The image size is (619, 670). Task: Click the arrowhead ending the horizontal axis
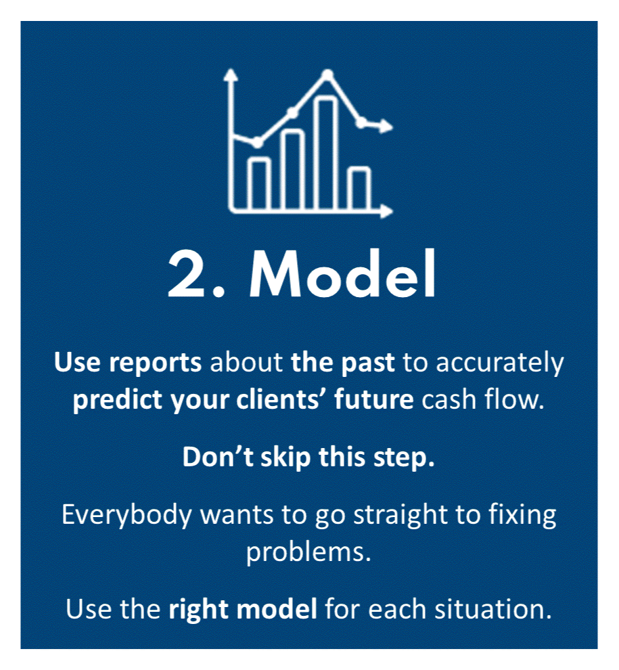(x=386, y=211)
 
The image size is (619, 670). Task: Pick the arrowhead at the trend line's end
(x=386, y=127)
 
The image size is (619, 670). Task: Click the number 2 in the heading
(x=186, y=274)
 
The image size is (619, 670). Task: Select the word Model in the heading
(x=342, y=273)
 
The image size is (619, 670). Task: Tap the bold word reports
(x=155, y=363)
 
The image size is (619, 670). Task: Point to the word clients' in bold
(x=281, y=400)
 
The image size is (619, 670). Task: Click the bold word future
(x=373, y=400)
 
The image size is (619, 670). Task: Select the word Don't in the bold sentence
(x=219, y=457)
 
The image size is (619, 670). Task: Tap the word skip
(x=285, y=458)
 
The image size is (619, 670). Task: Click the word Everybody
(x=127, y=515)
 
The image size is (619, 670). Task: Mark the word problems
(x=308, y=552)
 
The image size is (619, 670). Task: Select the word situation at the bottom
(x=493, y=609)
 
